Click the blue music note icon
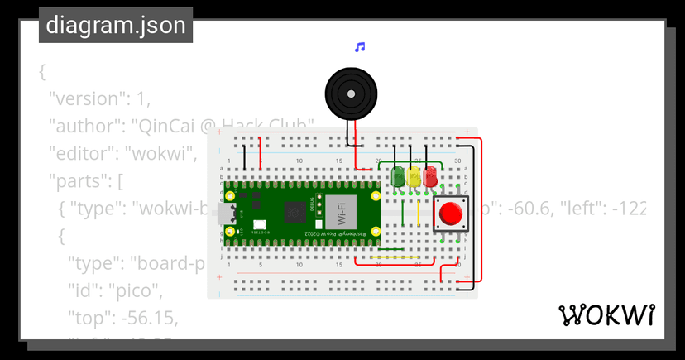(x=359, y=47)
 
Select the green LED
(x=399, y=175)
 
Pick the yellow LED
(x=414, y=175)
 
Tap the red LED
(x=430, y=175)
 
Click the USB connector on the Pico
(x=228, y=214)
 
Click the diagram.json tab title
(x=116, y=26)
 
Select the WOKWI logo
(x=607, y=315)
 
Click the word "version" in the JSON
(x=84, y=98)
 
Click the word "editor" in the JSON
(x=81, y=154)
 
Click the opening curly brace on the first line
(x=42, y=71)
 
